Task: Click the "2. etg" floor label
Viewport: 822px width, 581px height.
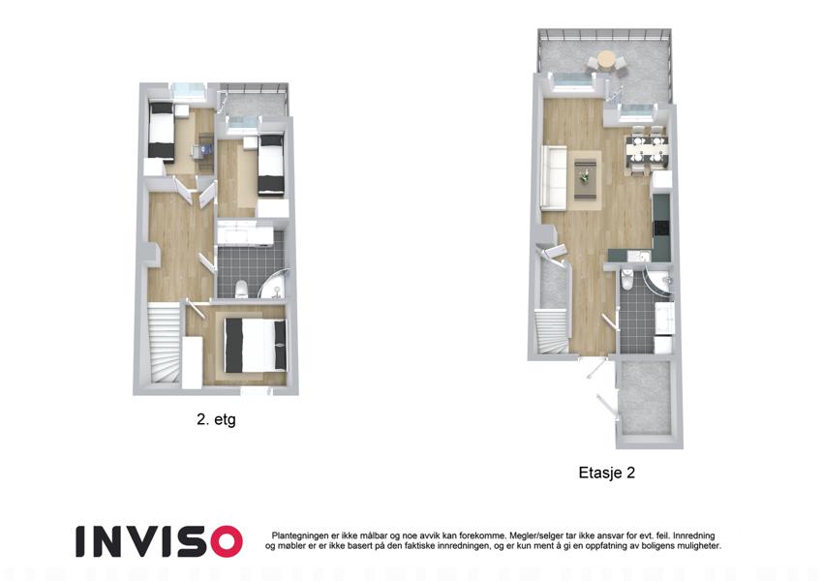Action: point(216,420)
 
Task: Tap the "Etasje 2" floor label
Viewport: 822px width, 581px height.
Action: point(606,473)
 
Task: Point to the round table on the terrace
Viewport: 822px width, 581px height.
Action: point(606,59)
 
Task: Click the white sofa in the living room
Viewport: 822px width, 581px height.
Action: point(554,176)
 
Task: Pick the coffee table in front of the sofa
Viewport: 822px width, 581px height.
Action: point(585,179)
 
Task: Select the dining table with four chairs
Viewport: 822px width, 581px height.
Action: point(647,149)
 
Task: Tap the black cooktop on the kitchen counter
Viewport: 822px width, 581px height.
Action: point(661,227)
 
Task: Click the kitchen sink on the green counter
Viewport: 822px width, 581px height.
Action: point(640,257)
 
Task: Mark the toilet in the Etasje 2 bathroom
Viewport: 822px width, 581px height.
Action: point(625,280)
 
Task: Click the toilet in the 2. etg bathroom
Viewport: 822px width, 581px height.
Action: point(241,289)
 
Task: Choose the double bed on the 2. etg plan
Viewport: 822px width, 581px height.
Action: point(256,345)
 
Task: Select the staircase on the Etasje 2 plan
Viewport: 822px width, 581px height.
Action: point(551,332)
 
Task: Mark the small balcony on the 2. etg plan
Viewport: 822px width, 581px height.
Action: point(254,101)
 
